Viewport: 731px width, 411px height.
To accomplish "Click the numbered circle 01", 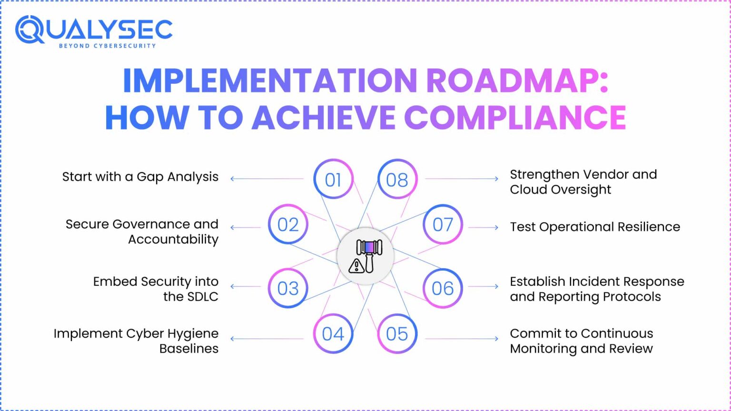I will tap(333, 179).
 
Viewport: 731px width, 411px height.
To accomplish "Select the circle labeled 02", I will tap(288, 225).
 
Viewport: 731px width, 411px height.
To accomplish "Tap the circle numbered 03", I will tap(288, 288).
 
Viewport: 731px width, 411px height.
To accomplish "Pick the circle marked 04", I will tap(333, 333).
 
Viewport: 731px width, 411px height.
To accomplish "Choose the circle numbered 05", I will tap(397, 333).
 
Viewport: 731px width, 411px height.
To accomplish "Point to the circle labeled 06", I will tap(443, 288).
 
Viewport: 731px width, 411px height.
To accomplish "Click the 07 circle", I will tap(443, 225).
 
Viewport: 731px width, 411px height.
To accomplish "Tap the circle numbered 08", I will tap(397, 179).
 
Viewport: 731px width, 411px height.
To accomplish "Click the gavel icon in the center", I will tap(365, 256).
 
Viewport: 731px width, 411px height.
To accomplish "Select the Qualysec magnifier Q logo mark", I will tap(30, 29).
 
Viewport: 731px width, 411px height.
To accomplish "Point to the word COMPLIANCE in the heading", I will tap(515, 117).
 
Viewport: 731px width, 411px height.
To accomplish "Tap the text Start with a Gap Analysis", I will tap(140, 177).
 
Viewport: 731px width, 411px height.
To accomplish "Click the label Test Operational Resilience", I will tap(595, 227).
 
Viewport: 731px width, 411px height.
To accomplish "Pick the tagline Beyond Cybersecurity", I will tap(107, 46).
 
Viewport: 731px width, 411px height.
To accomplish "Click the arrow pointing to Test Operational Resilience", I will tap(483, 227).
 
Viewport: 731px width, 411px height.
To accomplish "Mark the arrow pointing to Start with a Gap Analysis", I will tap(267, 179).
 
